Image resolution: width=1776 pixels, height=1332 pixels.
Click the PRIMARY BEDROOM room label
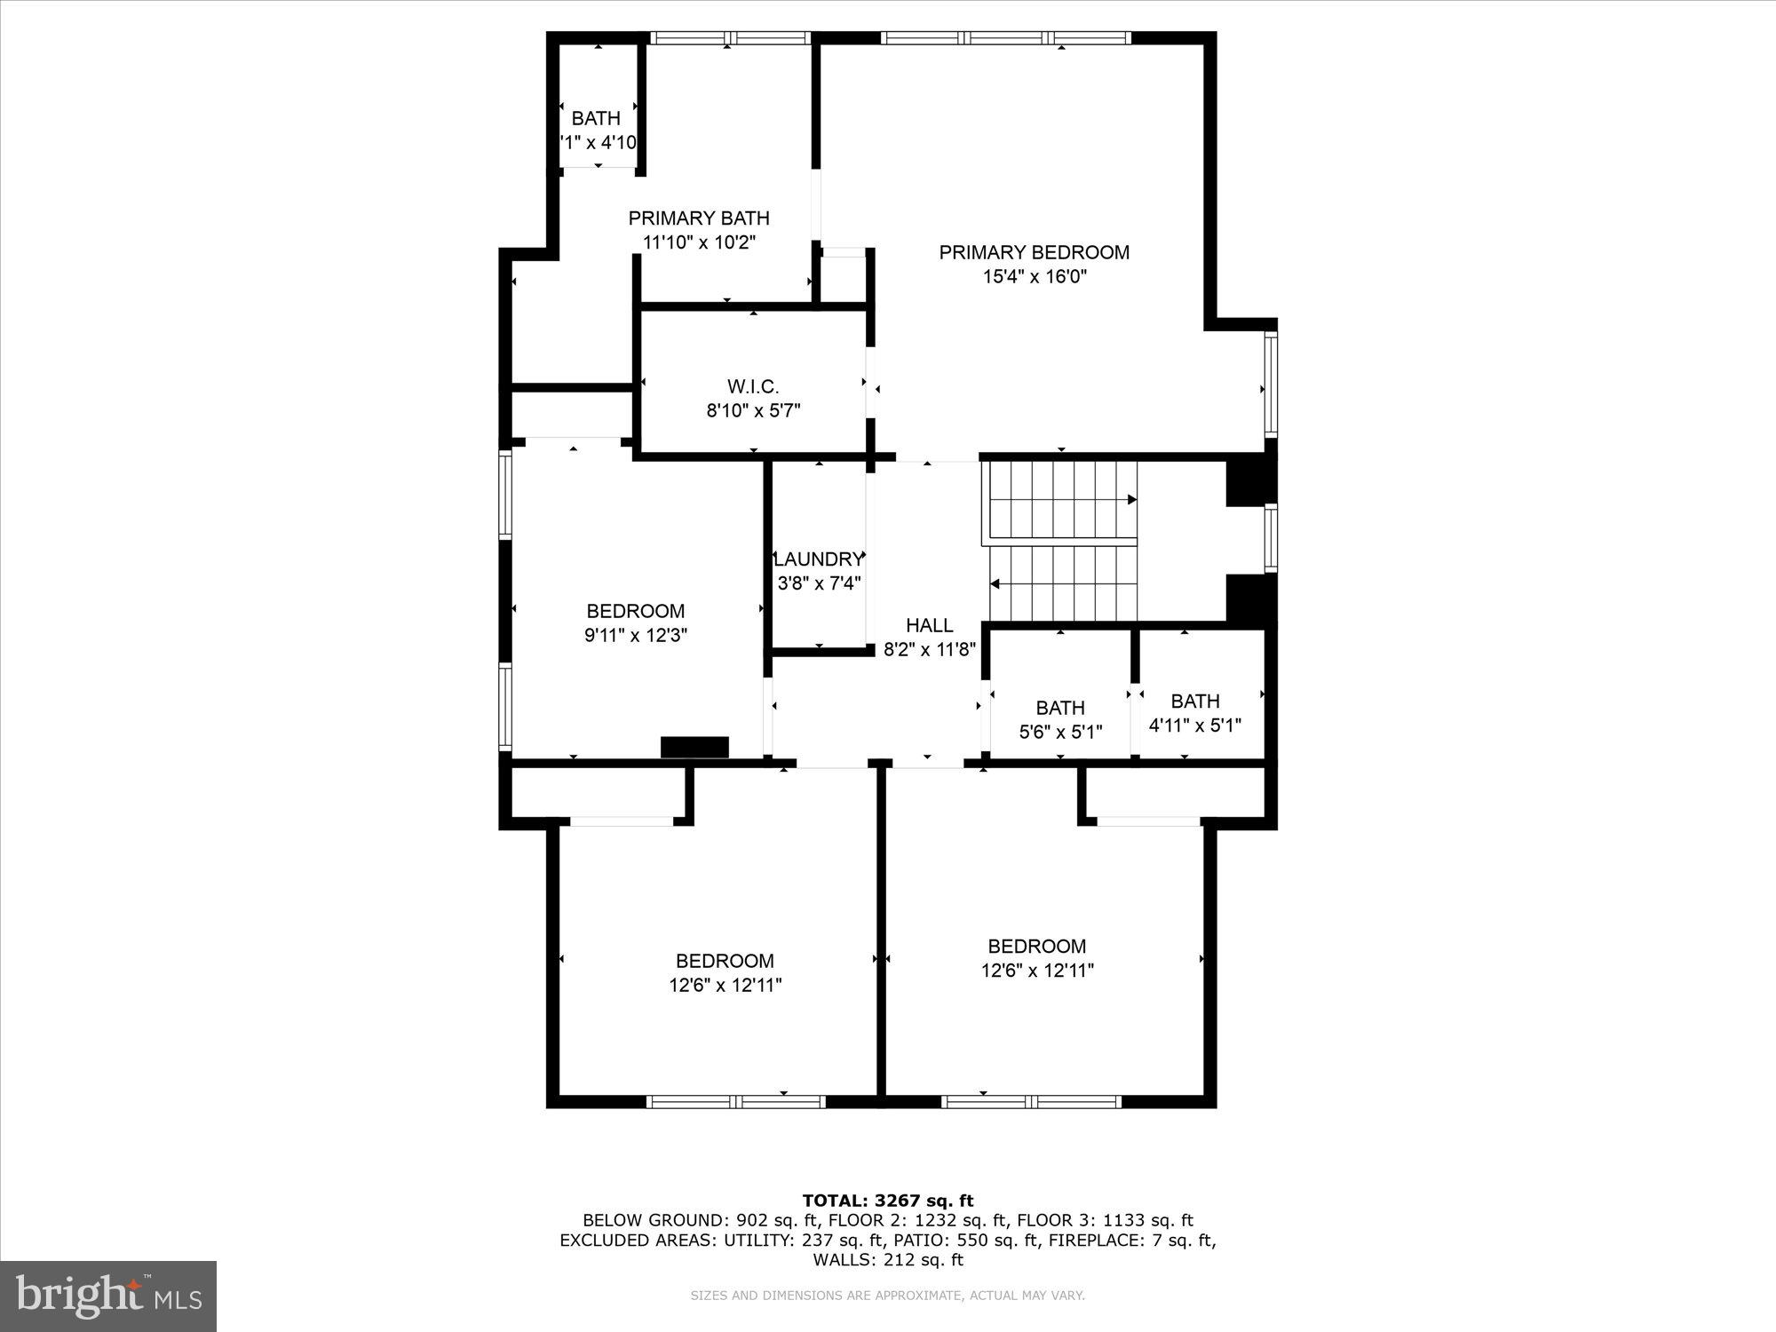click(x=1035, y=252)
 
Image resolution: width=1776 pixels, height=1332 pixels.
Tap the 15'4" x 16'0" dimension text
click(x=1035, y=277)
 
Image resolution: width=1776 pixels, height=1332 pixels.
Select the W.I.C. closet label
click(x=753, y=387)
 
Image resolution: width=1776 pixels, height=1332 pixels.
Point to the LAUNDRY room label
click(x=819, y=559)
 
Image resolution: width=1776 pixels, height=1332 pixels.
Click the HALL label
click(x=930, y=625)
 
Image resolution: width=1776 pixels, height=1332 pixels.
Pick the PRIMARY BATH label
click(x=699, y=218)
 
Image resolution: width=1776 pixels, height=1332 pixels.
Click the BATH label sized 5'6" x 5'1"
click(x=1060, y=708)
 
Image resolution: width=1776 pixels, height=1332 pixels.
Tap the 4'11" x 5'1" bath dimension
click(x=1195, y=725)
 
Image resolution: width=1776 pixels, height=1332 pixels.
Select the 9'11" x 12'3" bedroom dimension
click(x=636, y=636)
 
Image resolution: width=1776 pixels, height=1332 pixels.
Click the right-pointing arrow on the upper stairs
click(x=1131, y=500)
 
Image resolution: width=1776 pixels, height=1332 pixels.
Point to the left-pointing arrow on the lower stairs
click(x=995, y=584)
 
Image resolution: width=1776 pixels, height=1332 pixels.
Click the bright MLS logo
click(x=108, y=1296)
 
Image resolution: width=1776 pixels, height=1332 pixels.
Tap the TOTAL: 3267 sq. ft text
click(x=888, y=1201)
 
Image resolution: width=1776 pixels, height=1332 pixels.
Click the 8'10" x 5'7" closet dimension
click(x=753, y=411)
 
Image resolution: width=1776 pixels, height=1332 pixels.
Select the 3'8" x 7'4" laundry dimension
click(x=819, y=583)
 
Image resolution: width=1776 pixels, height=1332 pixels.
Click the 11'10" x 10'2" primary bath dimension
click(x=699, y=242)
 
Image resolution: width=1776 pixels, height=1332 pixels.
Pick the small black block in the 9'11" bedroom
click(x=694, y=748)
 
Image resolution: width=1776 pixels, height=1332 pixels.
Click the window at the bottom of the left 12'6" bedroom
click(x=735, y=1102)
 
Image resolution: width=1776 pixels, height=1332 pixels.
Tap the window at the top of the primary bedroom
click(x=1006, y=38)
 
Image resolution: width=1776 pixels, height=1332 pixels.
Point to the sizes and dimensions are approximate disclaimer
click(x=888, y=1296)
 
